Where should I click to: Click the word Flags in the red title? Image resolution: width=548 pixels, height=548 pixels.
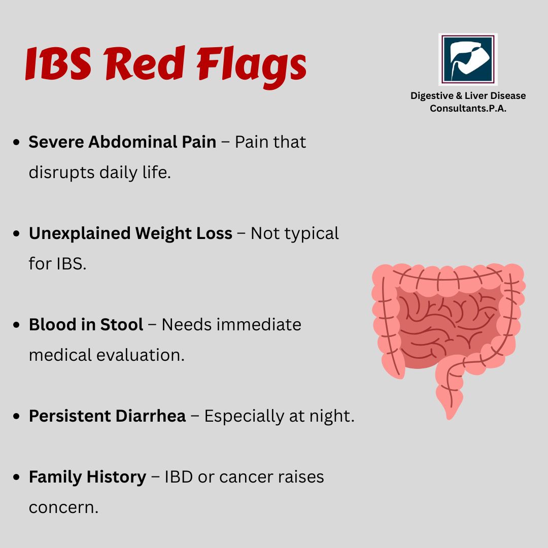[x=252, y=66]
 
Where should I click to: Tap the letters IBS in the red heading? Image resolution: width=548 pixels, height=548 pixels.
[x=58, y=63]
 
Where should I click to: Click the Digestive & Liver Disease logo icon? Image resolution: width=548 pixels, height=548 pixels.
[x=468, y=59]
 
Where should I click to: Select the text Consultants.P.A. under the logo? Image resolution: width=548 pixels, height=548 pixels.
[x=468, y=109]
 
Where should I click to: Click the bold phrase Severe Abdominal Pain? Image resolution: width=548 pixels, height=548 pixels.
[x=122, y=142]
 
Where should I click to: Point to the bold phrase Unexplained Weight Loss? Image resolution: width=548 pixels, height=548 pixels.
[x=130, y=233]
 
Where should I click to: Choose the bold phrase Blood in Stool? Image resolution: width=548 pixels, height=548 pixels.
[x=86, y=325]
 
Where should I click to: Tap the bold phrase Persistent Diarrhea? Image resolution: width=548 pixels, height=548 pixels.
[x=107, y=416]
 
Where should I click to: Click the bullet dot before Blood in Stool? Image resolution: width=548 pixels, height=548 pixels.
[x=16, y=325]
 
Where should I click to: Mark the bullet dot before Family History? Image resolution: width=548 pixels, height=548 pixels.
[x=16, y=477]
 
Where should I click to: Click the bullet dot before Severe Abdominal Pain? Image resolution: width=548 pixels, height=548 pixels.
[x=16, y=142]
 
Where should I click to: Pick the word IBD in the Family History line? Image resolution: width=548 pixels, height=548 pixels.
[x=179, y=477]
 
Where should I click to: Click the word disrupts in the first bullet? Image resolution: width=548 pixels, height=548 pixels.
[x=61, y=173]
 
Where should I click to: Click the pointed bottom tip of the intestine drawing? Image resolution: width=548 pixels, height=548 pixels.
[x=450, y=418]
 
